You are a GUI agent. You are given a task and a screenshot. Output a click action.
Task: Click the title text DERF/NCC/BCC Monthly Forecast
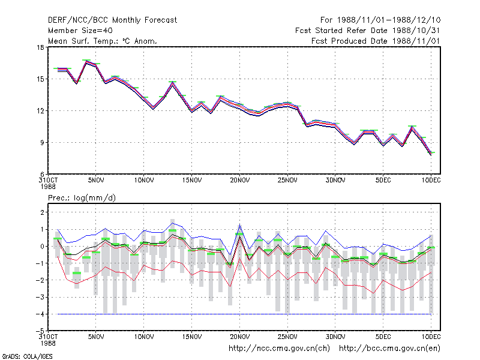tap(112, 20)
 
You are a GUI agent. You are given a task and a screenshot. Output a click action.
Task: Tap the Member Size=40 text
tap(80, 31)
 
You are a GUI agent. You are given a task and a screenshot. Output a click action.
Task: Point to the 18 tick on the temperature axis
tap(41, 47)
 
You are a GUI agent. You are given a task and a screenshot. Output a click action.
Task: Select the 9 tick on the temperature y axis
tap(42, 143)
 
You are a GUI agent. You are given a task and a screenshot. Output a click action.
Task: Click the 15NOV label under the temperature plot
tap(192, 181)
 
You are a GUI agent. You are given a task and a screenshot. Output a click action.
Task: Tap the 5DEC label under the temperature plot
tap(383, 181)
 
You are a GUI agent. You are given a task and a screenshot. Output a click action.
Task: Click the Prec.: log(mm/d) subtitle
tap(82, 198)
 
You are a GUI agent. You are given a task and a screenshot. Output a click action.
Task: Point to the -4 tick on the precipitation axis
tap(40, 314)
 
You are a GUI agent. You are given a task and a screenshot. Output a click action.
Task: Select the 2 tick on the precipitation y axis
tap(42, 212)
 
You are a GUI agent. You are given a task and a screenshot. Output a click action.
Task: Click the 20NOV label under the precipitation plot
tap(239, 337)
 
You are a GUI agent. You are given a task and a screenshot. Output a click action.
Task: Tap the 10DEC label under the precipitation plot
tap(431, 337)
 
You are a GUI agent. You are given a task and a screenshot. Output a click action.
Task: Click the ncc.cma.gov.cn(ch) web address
tap(279, 349)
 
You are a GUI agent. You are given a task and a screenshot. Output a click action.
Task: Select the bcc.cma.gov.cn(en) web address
tap(389, 349)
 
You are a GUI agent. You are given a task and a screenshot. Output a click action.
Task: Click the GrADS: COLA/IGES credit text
tap(27, 356)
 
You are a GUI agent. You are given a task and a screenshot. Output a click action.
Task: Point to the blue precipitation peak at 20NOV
tap(239, 224)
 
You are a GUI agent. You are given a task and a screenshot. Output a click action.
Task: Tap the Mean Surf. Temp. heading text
tap(102, 41)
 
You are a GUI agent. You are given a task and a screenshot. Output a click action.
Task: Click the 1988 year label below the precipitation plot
tap(48, 343)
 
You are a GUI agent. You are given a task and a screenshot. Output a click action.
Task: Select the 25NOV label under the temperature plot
tap(287, 181)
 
